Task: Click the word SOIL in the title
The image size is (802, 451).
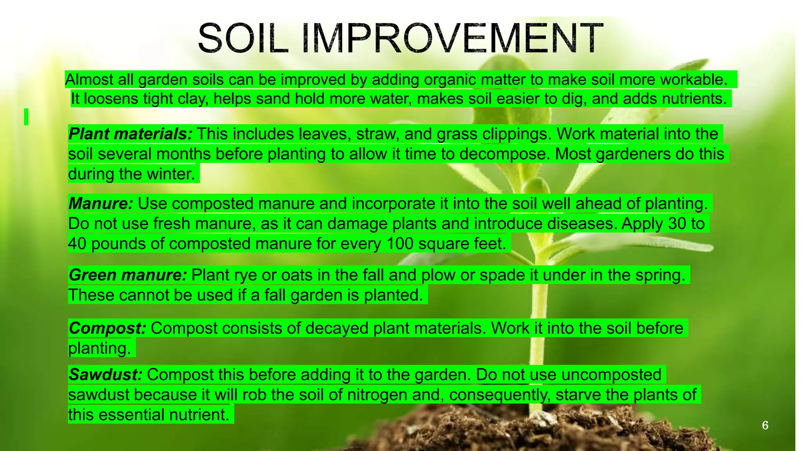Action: (243, 38)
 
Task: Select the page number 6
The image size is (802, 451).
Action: (765, 425)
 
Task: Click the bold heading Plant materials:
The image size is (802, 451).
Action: (130, 134)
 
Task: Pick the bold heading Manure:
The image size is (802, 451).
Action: (101, 204)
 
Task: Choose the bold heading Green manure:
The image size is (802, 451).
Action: (128, 275)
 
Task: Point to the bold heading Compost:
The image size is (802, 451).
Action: (107, 328)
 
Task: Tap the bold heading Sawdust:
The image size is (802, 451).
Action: (105, 375)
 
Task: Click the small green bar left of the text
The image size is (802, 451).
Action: (26, 117)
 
